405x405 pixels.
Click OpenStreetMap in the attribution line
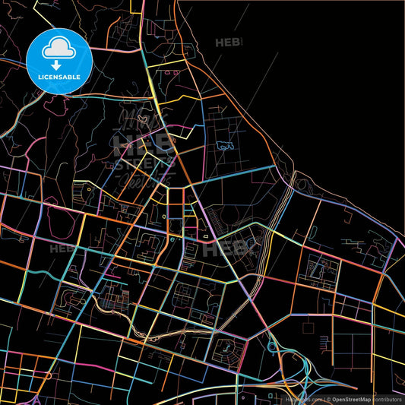[351, 398]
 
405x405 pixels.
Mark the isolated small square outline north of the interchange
[308, 327]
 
